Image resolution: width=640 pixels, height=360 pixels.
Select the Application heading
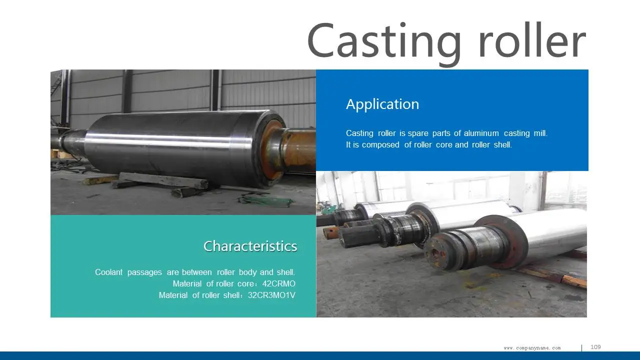382,104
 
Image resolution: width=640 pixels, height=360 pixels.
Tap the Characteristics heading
250,246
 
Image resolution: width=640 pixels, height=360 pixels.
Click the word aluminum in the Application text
481,133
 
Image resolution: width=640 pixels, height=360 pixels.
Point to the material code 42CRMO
279,284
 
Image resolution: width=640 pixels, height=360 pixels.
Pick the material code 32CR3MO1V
271,295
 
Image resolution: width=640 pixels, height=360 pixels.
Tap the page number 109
595,347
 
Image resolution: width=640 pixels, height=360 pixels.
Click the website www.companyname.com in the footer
532,348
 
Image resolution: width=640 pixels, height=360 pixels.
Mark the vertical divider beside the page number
581,347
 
